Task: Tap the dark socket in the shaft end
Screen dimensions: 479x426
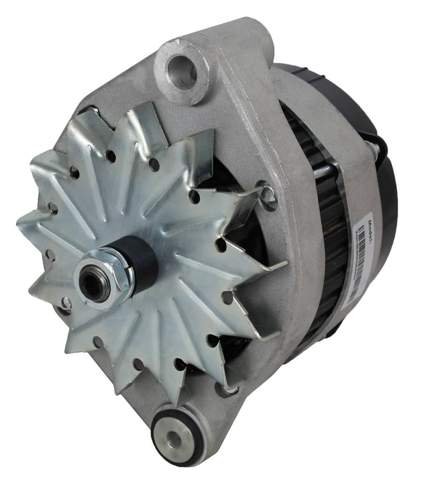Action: click(93, 286)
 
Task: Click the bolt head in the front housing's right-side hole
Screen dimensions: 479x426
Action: click(268, 193)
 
